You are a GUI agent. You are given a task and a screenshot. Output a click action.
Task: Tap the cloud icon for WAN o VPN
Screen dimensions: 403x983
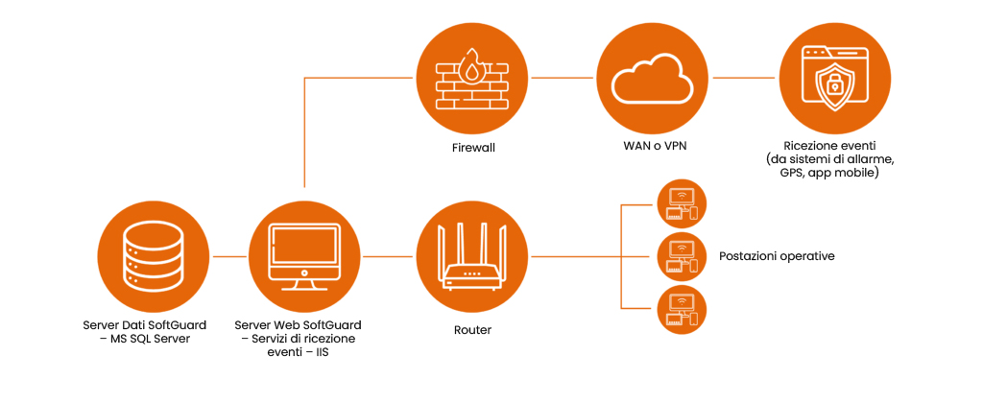point(652,80)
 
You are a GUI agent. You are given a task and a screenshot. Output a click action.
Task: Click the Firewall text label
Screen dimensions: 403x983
point(473,149)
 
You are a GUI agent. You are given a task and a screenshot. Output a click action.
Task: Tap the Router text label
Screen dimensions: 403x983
point(472,330)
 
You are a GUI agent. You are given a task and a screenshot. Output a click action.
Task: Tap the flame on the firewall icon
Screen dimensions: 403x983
point(471,67)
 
